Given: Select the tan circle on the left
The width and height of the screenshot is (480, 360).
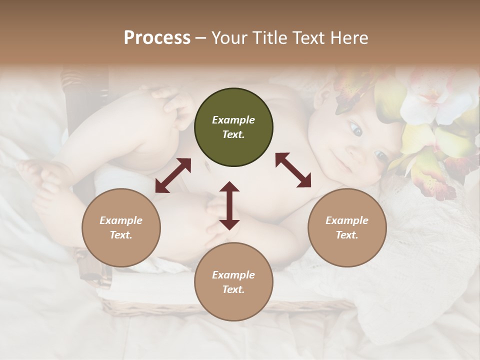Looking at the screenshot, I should coord(121,227).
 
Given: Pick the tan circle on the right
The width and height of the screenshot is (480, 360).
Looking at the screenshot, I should coord(347,227).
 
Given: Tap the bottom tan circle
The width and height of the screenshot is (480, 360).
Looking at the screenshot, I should coord(233,281).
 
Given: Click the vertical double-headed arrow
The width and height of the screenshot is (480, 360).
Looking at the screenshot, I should coord(229,205).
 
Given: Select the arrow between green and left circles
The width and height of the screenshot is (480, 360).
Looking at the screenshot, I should coord(173,175).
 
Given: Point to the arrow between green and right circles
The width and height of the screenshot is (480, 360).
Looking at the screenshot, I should coord(293,170).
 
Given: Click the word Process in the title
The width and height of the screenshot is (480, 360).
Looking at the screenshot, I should coord(157,38).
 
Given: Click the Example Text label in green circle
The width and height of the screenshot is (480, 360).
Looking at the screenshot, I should coord(233,127).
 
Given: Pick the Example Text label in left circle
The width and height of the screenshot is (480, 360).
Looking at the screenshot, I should coord(121,227).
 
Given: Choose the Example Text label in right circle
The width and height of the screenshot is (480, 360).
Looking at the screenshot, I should coord(347,227).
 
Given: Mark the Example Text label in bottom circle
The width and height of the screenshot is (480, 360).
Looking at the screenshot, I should coord(233,282).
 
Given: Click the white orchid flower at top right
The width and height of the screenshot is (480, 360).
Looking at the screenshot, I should coord(425,95).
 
